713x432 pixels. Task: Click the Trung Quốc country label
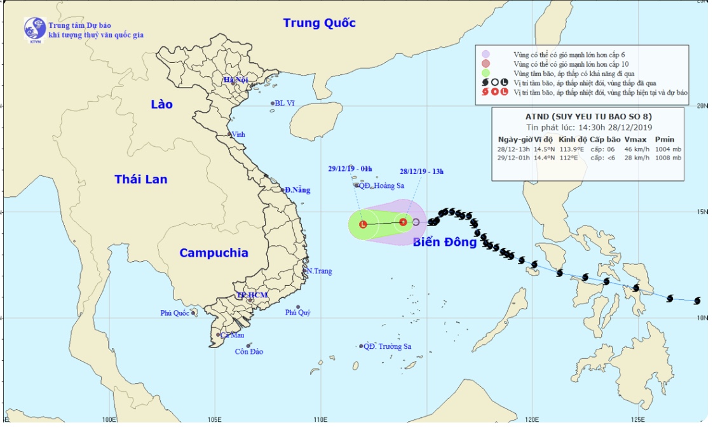[319, 24]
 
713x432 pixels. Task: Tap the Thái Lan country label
[141, 179]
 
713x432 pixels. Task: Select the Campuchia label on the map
[214, 253]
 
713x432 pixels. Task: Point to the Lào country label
[161, 104]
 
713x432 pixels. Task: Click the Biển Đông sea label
[444, 242]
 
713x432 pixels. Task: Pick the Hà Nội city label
[234, 80]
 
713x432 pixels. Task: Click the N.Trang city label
[318, 271]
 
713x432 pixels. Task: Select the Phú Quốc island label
[175, 313]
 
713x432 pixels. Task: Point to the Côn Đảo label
[248, 351]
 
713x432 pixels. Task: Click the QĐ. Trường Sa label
[387, 346]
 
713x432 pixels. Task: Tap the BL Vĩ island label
[285, 103]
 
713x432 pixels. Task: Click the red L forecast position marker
[363, 224]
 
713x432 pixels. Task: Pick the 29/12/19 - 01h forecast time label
[350, 169]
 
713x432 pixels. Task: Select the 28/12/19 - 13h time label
[421, 172]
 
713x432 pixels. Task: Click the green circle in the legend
[486, 73]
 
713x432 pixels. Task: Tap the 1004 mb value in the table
[668, 149]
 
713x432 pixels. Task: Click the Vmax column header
[635, 139]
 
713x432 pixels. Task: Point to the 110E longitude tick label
[320, 420]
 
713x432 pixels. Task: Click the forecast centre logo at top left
[34, 29]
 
